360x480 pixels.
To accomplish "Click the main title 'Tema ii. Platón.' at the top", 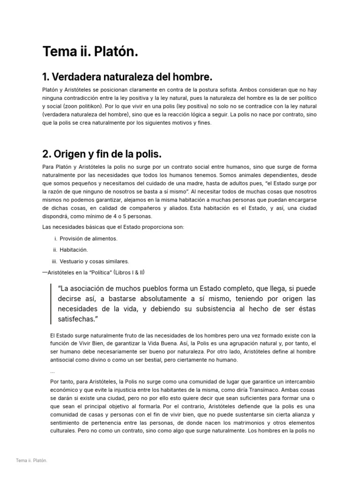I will coord(90,52).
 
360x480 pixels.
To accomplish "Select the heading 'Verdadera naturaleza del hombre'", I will coord(127,76).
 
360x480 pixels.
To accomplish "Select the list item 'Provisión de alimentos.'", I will coord(89,239).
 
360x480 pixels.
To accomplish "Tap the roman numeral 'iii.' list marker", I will coord(54,261).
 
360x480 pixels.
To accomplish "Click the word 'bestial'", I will coord(157,360).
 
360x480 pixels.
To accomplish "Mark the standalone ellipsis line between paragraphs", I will coord(52,371).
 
